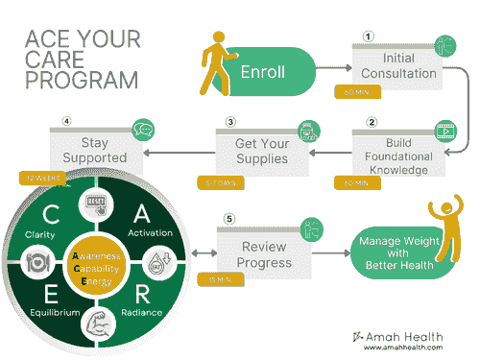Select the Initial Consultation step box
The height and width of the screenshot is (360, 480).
tap(397, 67)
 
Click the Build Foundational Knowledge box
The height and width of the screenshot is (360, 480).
tap(397, 155)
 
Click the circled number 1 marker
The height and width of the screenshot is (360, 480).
tap(367, 36)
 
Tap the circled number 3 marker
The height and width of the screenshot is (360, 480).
tap(230, 123)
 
